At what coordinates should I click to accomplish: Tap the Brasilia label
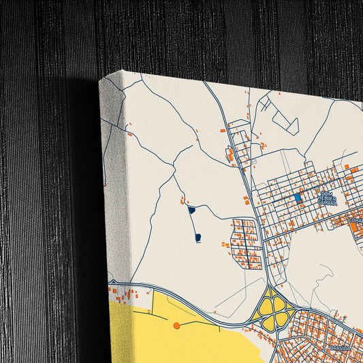click(339, 347)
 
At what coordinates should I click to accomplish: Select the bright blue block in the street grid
click(298, 198)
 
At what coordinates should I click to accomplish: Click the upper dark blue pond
click(191, 210)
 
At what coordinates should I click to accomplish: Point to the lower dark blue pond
click(198, 237)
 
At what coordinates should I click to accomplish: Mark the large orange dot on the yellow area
click(177, 326)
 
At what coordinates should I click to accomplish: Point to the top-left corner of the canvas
click(100, 81)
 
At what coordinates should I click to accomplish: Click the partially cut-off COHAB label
click(355, 221)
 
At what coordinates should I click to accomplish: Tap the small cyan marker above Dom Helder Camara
click(325, 193)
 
